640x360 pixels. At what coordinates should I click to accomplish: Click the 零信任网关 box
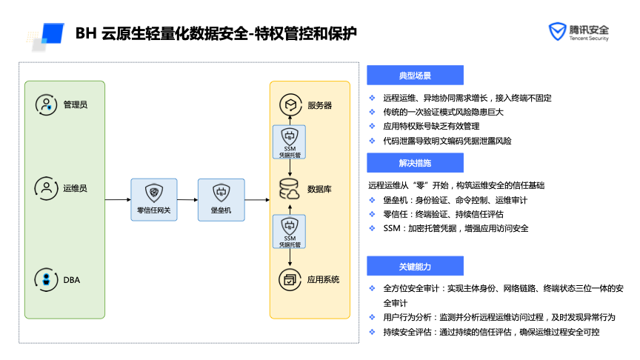154,199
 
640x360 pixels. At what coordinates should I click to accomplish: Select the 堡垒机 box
221,199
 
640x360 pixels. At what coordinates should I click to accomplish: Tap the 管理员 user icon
47,104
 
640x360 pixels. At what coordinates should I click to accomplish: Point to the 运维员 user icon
47,188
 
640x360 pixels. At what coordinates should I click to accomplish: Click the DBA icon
47,279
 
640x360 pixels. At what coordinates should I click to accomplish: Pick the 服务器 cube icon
289,105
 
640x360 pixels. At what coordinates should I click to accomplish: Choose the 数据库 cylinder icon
289,190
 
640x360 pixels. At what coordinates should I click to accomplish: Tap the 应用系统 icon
289,279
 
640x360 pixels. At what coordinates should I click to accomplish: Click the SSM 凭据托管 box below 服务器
290,143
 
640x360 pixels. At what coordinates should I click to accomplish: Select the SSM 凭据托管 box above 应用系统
290,232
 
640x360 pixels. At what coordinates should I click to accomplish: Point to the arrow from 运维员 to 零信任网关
117,199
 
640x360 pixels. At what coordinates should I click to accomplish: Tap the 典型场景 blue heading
415,76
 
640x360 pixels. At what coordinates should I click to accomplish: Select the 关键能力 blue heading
415,266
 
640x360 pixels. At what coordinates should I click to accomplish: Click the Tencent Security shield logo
556,32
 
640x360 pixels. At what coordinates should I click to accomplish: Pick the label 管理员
76,104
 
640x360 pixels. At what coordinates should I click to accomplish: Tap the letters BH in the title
85,33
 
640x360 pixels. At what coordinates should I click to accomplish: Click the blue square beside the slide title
51,34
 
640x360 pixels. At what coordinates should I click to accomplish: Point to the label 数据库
319,190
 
